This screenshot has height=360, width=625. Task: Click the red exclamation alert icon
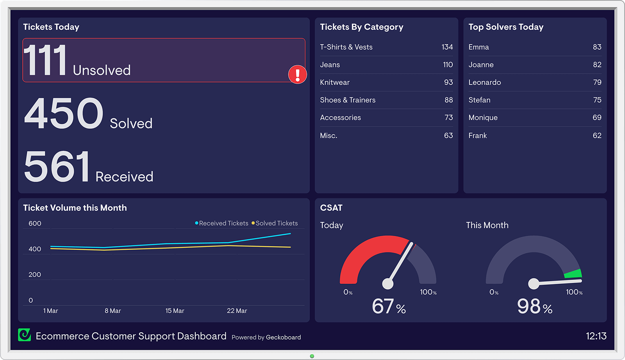coord(298,74)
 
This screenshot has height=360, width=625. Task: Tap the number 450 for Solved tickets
coord(64,113)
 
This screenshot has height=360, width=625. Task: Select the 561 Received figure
coord(57,167)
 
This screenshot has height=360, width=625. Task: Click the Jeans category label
coord(330,65)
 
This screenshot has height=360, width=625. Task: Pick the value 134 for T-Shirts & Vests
coord(447,47)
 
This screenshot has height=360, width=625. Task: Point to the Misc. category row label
coord(329,136)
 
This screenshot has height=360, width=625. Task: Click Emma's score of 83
coord(597,47)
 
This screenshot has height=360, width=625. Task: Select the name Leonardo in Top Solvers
coord(484,82)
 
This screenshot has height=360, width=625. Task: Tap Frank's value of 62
coord(597,136)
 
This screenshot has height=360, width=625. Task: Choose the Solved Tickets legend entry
coord(275,223)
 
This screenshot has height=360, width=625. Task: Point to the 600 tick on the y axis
coord(35,224)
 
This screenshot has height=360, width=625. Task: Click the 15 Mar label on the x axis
coord(175,311)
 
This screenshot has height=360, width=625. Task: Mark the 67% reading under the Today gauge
coord(389,306)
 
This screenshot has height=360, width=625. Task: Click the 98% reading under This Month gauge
coord(534,306)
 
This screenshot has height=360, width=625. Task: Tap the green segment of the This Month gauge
coord(573,274)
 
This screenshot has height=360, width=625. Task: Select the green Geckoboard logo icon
coord(25,335)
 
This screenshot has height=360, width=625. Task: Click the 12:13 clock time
coord(596,336)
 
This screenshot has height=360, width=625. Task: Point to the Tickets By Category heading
coord(361,27)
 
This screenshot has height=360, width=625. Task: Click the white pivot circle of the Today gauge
coord(387,283)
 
